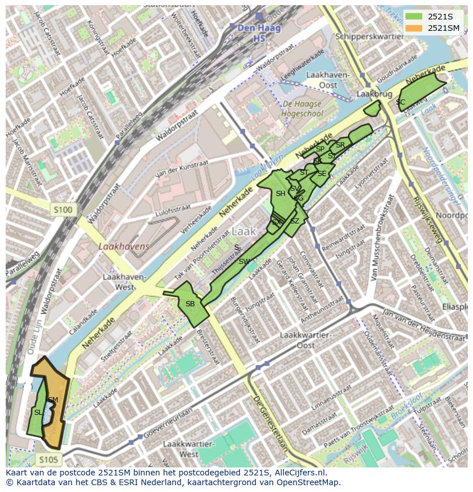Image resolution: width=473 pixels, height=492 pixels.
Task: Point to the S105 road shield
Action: coord(48,459)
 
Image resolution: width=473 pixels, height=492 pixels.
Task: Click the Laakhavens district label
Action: coord(123,246)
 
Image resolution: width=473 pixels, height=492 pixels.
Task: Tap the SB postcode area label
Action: coord(190,304)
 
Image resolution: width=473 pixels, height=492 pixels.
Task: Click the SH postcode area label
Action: coord(280,194)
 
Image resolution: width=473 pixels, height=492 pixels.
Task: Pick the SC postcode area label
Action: coord(400,102)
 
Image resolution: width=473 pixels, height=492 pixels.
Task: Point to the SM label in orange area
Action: coord(53,400)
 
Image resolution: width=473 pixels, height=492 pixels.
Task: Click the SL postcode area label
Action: coord(38,412)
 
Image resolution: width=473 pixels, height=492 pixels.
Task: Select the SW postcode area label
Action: coord(244,262)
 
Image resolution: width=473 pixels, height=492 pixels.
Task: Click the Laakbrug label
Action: coord(368,93)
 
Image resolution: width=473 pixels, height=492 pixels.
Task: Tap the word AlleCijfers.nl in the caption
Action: coord(298,473)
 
